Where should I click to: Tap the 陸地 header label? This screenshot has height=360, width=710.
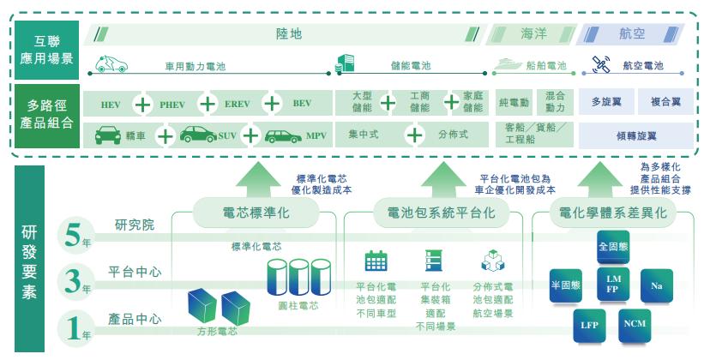(288, 35)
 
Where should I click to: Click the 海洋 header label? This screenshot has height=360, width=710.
(532, 35)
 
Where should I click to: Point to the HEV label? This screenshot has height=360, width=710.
(111, 105)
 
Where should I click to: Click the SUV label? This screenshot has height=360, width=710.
(227, 136)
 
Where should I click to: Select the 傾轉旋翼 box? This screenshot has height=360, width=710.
(636, 136)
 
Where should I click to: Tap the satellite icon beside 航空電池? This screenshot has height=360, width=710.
(601, 63)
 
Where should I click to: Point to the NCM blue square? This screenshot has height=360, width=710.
(635, 324)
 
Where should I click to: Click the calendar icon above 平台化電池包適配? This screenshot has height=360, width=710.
(376, 261)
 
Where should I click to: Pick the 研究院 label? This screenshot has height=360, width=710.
(135, 225)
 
